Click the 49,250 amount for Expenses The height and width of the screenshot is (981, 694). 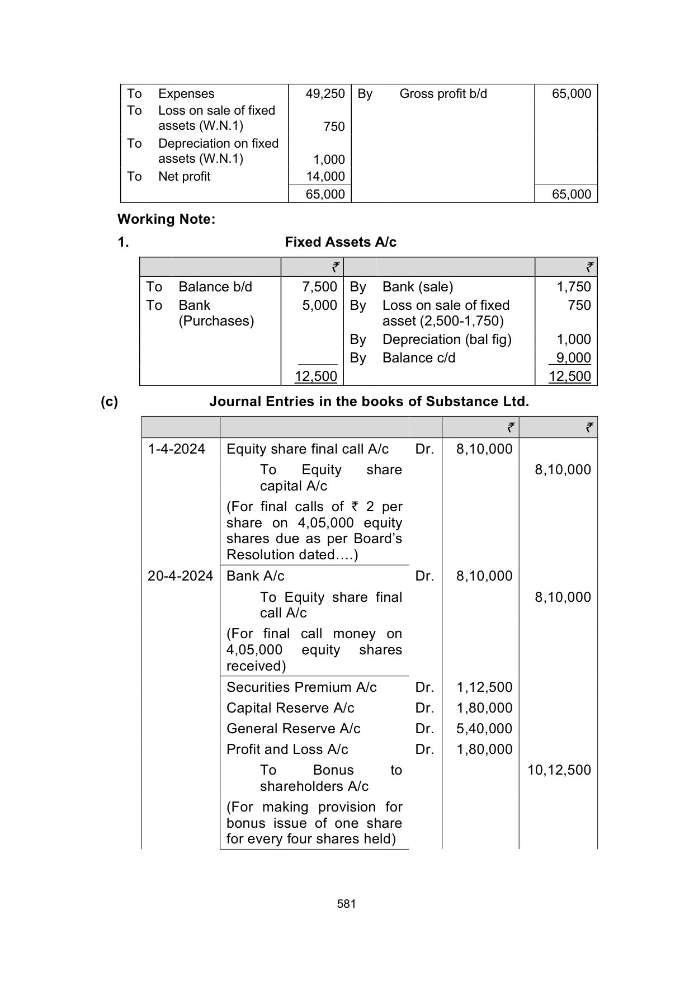click(x=325, y=94)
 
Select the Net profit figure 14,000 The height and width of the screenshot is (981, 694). click(x=325, y=177)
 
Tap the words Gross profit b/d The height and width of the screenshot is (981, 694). click(x=443, y=94)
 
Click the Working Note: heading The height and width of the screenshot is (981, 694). click(x=166, y=219)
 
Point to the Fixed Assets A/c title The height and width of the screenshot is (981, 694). click(x=341, y=242)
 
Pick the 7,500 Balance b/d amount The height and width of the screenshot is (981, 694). click(x=319, y=287)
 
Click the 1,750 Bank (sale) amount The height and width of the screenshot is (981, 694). click(x=573, y=287)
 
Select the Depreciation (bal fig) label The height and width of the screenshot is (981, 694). click(x=447, y=339)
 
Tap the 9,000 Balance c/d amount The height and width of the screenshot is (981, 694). click(x=573, y=358)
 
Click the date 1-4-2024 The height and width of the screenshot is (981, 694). click(x=176, y=449)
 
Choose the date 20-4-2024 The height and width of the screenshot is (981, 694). click(x=180, y=576)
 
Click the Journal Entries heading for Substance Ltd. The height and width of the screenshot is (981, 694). click(x=369, y=402)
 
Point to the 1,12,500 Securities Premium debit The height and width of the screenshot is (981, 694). click(x=484, y=687)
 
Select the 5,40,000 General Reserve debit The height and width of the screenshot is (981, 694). click(x=484, y=729)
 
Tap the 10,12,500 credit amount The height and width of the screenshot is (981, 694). click(x=559, y=770)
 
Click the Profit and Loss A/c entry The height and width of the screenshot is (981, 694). click(x=287, y=749)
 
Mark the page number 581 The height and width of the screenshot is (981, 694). click(x=347, y=904)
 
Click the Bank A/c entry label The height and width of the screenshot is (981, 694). click(x=255, y=576)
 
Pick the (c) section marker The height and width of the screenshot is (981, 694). click(x=109, y=402)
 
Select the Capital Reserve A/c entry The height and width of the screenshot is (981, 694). click(x=290, y=708)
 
